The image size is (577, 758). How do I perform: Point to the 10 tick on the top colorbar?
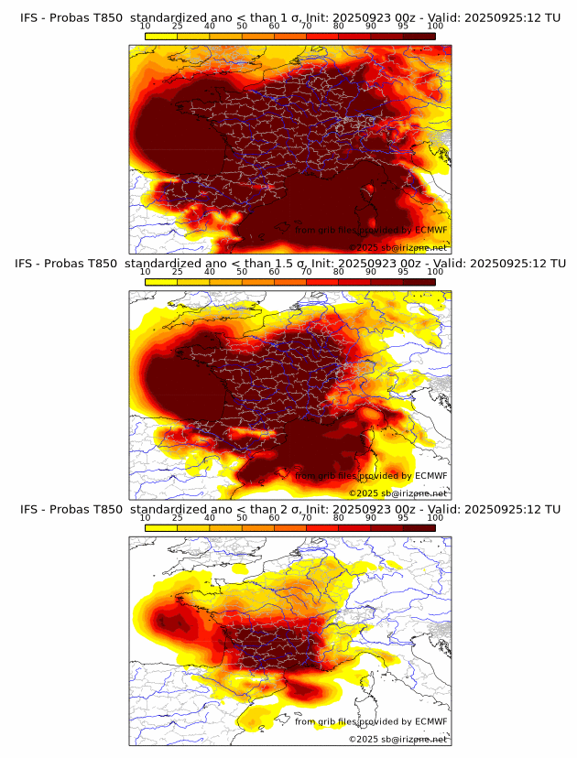click(146, 26)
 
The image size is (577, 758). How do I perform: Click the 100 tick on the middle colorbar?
click(435, 272)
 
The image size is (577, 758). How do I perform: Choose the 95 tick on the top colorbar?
click(403, 26)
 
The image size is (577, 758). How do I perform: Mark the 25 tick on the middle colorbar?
click(177, 272)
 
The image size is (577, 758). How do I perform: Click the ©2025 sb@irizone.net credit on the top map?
click(397, 248)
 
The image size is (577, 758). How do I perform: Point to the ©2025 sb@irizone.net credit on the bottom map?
click(397, 739)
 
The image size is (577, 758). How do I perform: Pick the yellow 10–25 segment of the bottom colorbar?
click(161, 526)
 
